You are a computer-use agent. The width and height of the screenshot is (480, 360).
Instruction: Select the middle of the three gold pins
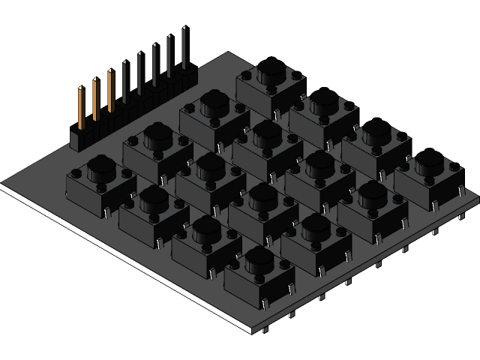coord(96,98)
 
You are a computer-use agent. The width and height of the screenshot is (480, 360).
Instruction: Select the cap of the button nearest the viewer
coord(259,259)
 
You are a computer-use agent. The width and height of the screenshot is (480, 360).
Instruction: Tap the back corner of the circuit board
coord(229,53)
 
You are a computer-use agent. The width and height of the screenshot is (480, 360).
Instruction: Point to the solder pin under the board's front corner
coord(266,330)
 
